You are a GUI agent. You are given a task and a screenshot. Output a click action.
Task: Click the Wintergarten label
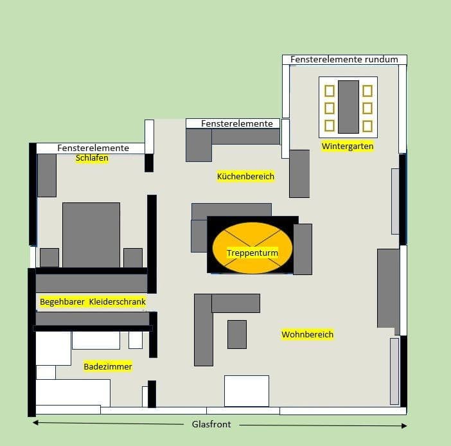tap(348, 147)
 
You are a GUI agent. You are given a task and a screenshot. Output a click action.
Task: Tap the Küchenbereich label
tap(245, 176)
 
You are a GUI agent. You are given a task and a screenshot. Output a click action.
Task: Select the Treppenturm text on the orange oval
tap(252, 253)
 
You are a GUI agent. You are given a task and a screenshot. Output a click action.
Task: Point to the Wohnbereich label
tap(307, 335)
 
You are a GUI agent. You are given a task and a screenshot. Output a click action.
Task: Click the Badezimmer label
tap(108, 367)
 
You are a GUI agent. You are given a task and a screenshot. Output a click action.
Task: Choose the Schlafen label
tap(92, 158)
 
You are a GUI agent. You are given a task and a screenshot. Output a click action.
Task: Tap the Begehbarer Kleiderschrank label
tap(93, 301)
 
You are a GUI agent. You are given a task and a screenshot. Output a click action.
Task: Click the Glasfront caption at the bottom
tap(211, 425)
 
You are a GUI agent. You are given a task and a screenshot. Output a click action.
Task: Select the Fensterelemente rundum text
tap(344, 60)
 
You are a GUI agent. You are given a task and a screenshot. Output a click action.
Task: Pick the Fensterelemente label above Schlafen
tap(93, 148)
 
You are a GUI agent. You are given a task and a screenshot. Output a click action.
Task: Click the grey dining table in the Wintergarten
tap(348, 107)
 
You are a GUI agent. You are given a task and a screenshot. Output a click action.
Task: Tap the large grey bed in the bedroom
tap(91, 235)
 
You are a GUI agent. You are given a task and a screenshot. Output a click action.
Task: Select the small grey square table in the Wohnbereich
tap(237, 334)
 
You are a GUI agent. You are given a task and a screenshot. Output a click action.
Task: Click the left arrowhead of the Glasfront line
tap(35, 423)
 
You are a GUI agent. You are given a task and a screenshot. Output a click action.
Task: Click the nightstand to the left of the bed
tap(49, 258)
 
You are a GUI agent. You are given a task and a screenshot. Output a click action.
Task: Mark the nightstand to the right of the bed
tap(133, 258)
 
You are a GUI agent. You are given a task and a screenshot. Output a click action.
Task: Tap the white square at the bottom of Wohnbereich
tap(247, 391)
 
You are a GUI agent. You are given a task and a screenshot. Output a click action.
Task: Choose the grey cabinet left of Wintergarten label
tap(299, 174)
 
